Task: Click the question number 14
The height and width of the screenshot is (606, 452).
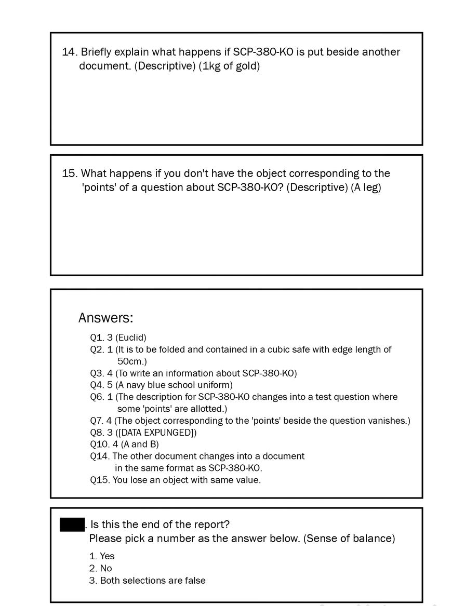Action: coord(69,52)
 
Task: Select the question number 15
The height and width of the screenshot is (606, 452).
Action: coord(69,173)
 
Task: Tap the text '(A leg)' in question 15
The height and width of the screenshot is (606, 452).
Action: coord(366,187)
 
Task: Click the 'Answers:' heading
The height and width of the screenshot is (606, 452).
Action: coord(105,318)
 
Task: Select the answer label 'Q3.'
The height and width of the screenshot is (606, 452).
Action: coord(97,373)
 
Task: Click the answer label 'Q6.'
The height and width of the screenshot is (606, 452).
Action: coord(97,397)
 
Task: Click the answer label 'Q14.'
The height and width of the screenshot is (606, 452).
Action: coord(100,456)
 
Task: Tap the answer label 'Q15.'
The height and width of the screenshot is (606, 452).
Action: coord(100,480)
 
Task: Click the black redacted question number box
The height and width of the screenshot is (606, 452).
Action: coord(72,524)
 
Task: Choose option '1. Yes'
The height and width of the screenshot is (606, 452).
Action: coord(102,556)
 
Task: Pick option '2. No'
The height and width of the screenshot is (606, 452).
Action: coord(100,569)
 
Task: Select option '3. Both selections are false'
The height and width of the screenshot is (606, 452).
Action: coord(147,581)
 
